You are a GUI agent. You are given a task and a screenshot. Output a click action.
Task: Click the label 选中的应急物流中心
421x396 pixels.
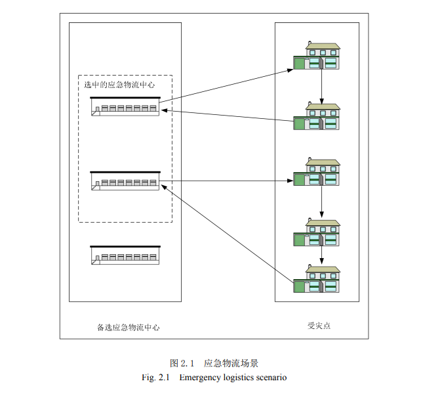119,85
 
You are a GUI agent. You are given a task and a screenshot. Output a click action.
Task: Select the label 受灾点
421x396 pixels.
317,326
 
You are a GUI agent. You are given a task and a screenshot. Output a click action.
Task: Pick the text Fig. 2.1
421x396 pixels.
155,378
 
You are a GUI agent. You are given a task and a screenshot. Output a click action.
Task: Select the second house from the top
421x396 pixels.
317,116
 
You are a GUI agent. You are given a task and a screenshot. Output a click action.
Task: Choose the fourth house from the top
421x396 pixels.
317,232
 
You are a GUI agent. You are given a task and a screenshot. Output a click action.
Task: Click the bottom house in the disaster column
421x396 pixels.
317,279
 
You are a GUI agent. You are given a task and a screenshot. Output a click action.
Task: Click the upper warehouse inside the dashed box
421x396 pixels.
125,107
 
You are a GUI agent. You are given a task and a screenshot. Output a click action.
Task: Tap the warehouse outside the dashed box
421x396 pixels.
125,255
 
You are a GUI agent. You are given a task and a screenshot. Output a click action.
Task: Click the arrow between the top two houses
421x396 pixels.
321,86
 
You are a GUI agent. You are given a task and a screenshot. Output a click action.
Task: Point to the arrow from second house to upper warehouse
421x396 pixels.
226,116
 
